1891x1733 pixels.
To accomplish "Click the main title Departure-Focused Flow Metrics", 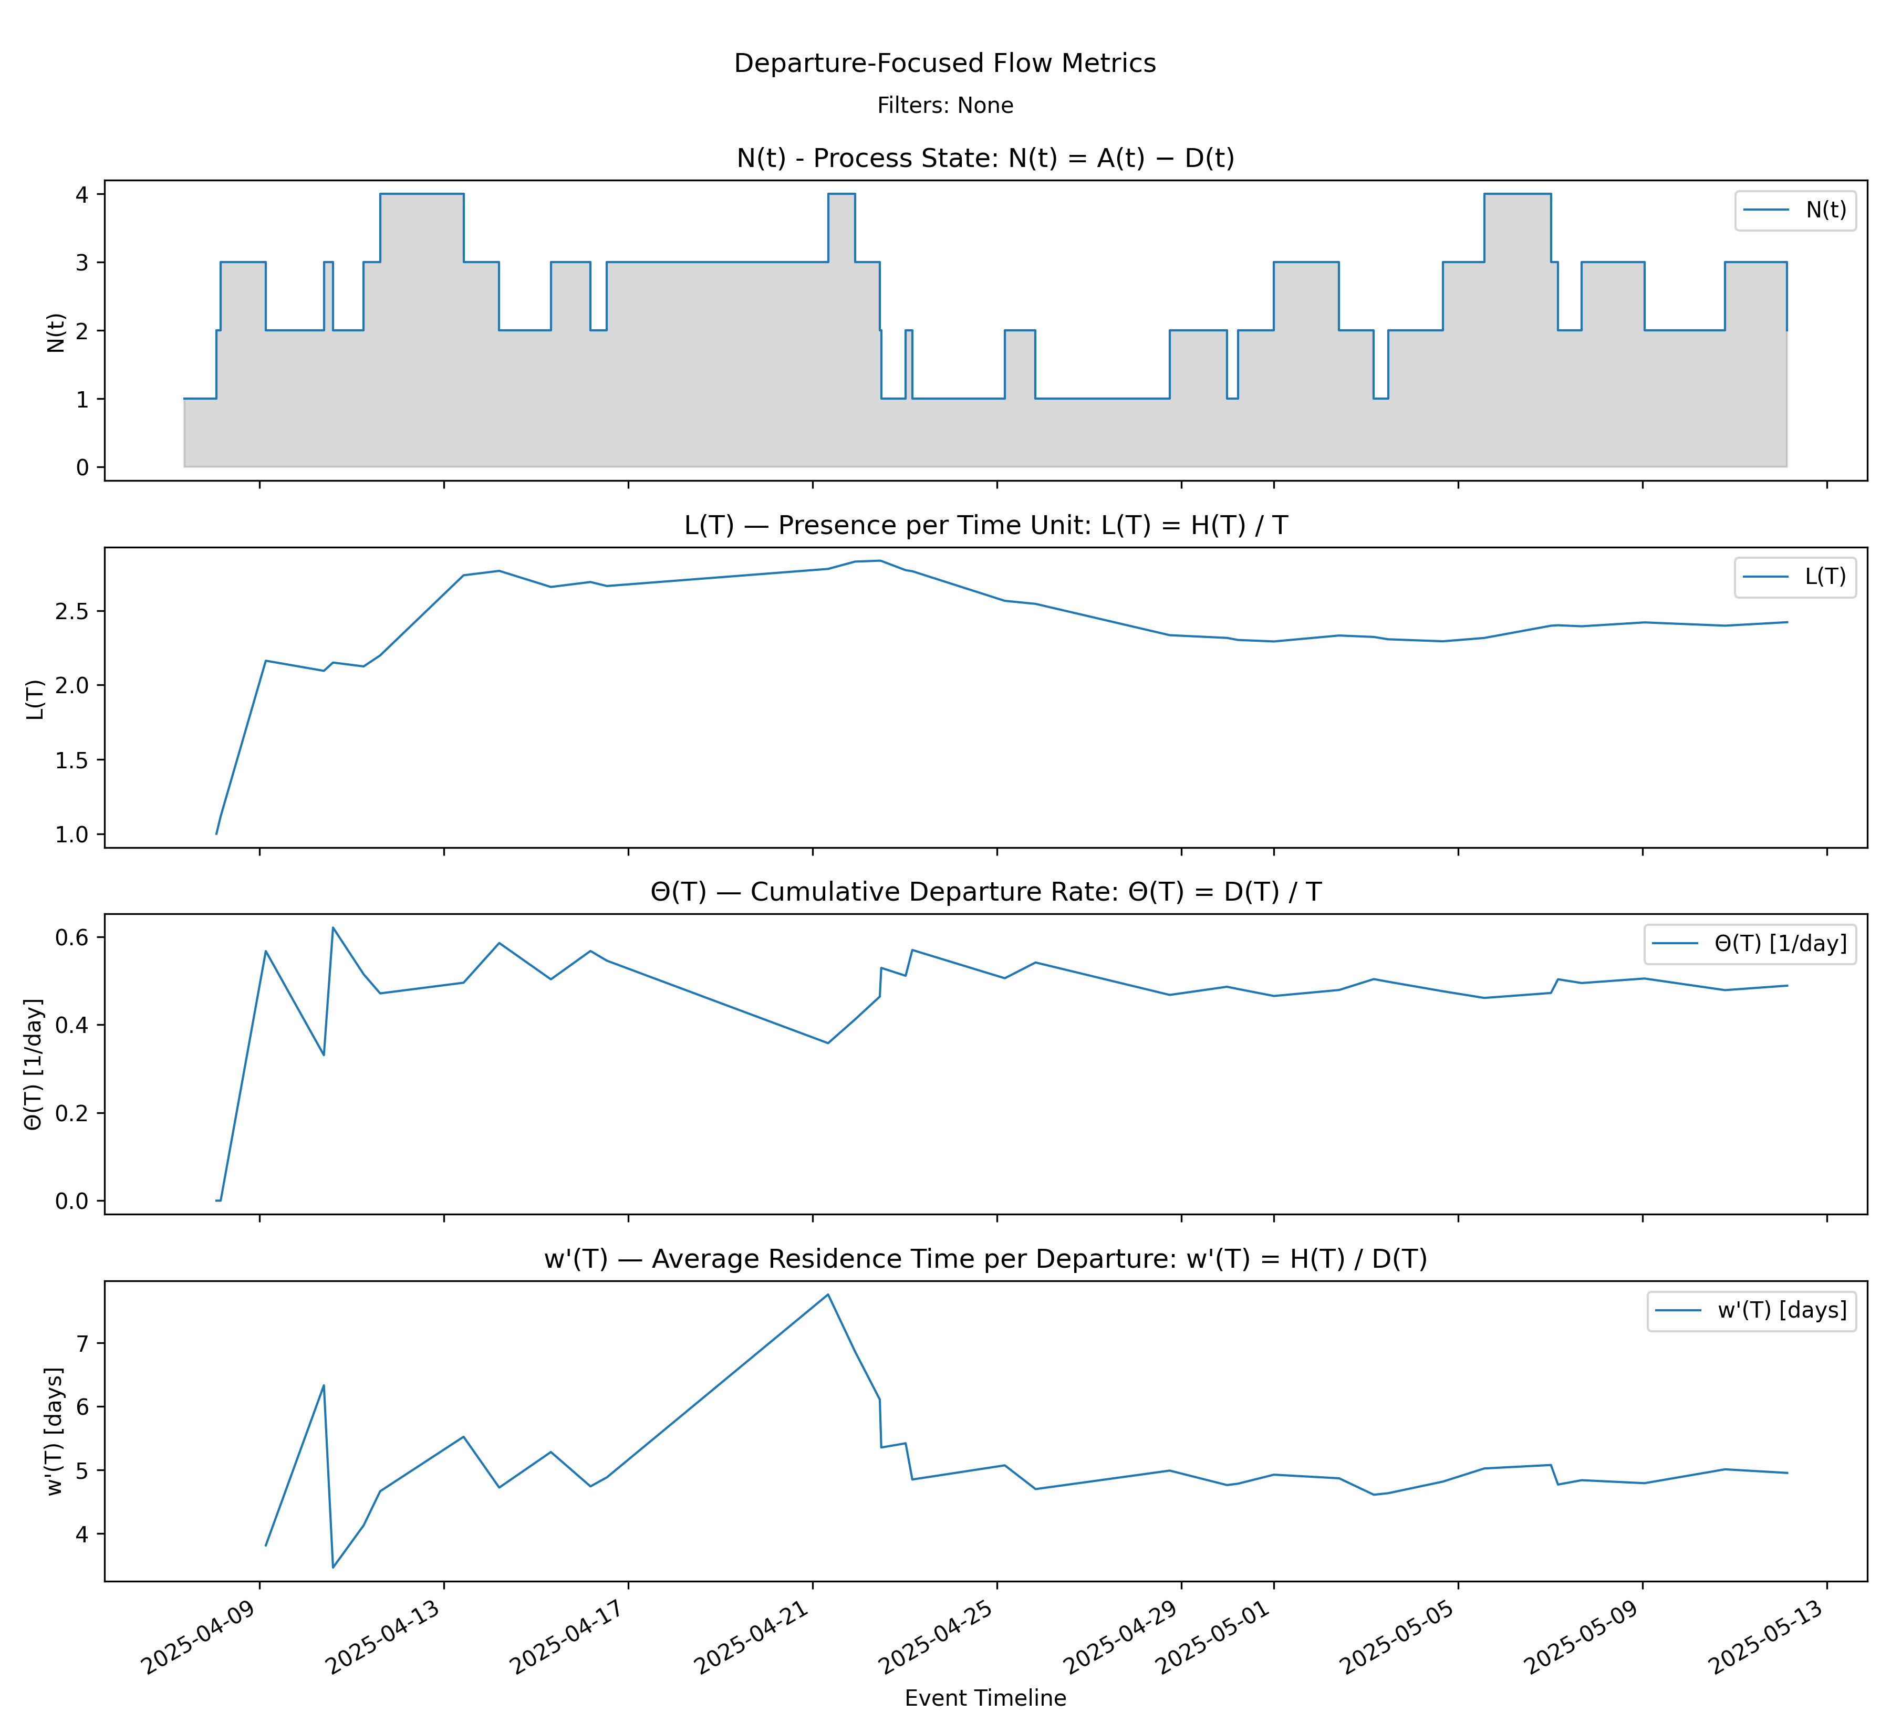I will (944, 63).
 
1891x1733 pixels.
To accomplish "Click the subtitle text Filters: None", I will (944, 105).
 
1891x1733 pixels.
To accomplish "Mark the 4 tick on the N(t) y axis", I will (82, 194).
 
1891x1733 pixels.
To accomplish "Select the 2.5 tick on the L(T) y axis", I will (73, 611).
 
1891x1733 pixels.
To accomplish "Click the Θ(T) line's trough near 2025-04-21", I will (827, 1043).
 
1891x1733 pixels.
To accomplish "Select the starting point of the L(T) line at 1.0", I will (216, 834).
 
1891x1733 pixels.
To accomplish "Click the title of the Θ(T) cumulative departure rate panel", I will (985, 892).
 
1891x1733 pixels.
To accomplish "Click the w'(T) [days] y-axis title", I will (55, 1430).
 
